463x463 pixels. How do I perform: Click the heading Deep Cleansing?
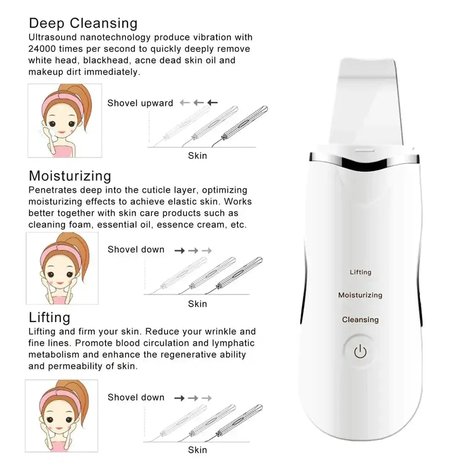coord(83,23)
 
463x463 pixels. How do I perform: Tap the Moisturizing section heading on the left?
coord(70,176)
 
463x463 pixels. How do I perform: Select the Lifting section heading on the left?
coord(50,318)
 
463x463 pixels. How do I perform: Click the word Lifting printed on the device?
coord(360,272)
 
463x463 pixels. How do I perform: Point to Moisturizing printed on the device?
coord(360,295)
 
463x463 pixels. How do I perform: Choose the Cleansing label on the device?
coord(360,320)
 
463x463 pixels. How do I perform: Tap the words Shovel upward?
coord(140,103)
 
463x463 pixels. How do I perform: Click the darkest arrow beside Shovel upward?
coord(213,103)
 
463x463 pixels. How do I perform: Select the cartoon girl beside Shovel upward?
coord(64,120)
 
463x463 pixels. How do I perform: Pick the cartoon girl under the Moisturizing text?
coord(62,268)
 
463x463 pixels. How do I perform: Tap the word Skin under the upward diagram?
coord(197,156)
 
